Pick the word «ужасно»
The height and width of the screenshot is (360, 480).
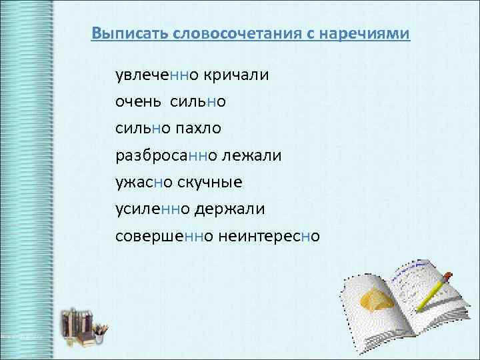(x=145, y=182)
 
